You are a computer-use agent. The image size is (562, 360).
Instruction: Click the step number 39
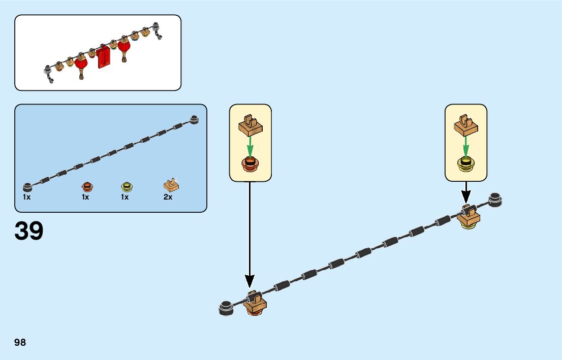point(29,231)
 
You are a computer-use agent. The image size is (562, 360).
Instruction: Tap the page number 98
point(20,343)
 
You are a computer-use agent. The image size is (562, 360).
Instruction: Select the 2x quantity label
point(168,197)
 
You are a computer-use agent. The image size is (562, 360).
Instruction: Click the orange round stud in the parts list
point(86,186)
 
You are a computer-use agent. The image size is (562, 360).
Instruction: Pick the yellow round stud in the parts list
point(126,186)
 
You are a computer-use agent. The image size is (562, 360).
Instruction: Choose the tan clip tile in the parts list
point(171,185)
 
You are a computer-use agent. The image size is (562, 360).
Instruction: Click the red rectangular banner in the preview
point(103,58)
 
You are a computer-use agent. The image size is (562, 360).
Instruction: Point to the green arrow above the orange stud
point(250,148)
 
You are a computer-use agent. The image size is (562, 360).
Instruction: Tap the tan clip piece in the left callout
point(249,125)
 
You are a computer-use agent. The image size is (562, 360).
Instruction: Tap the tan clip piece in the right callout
point(465,125)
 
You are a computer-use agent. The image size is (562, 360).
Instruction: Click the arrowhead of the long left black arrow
point(249,281)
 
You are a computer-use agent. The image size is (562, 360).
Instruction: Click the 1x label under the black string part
point(26,197)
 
